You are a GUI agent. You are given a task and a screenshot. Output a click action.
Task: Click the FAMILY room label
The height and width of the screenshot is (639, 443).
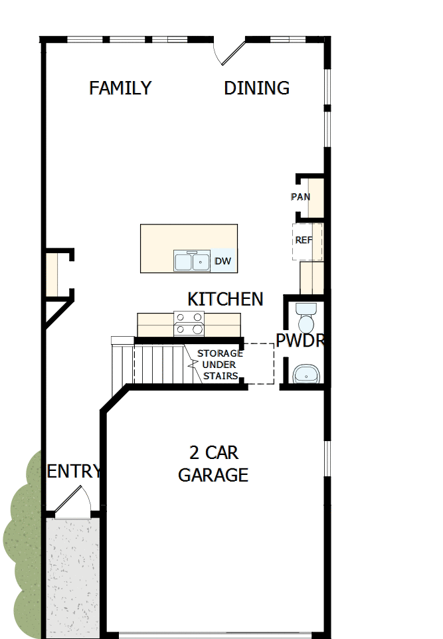(120, 88)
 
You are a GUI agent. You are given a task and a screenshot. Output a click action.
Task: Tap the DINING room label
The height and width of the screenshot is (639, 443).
(256, 88)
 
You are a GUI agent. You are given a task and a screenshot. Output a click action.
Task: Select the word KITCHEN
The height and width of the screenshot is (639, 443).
(225, 299)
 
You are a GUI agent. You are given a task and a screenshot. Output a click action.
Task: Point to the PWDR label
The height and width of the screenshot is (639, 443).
(300, 341)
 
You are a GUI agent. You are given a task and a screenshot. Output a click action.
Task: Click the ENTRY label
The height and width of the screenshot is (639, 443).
(74, 472)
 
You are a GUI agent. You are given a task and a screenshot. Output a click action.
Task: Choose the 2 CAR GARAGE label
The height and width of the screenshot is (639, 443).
(213, 464)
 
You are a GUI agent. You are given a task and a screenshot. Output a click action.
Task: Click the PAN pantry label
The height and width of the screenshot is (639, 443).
(300, 197)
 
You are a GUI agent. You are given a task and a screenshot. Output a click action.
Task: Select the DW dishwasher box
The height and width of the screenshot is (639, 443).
(223, 261)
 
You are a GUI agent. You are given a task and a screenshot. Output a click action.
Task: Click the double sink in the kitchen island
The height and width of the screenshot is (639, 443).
(192, 260)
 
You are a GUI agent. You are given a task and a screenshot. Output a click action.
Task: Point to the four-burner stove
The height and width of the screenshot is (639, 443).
(189, 323)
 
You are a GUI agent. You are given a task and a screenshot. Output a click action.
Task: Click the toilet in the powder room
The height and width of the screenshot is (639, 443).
(306, 318)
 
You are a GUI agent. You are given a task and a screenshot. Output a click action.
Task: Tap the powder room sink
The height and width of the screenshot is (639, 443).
(307, 374)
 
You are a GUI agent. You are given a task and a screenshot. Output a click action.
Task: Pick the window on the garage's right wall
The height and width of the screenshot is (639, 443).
(327, 458)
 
